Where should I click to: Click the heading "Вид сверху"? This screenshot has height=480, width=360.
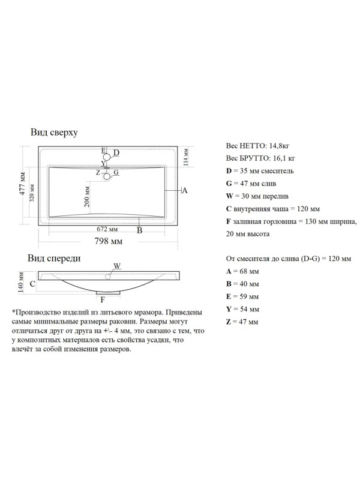coord(55,133)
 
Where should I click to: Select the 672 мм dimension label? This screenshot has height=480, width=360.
coord(107,229)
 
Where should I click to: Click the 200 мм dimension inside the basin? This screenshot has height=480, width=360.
coord(88,193)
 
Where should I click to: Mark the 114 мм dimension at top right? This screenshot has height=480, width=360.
coord(186,156)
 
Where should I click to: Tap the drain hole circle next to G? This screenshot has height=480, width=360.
coord(107,176)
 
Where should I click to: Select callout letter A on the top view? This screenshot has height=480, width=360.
coord(185,190)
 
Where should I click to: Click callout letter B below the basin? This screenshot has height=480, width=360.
coord(139,230)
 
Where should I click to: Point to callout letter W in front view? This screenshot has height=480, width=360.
coord(118,266)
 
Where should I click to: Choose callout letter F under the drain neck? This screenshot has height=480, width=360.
coord(103,299)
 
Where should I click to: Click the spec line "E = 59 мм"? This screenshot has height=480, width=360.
coord(242,297)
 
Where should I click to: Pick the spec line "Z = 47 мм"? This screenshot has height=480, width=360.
coord(242,322)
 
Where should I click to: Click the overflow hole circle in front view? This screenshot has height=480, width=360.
coord(109,277)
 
